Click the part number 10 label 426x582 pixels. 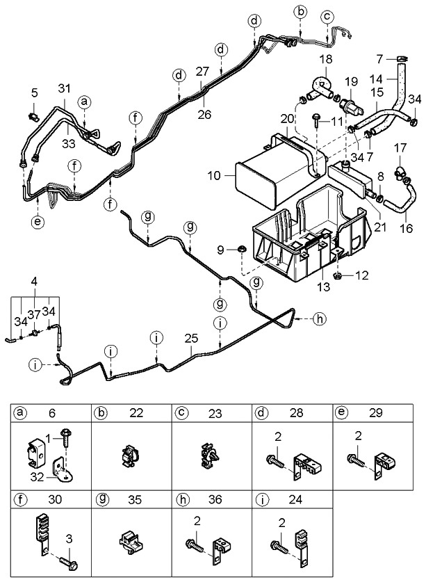click(215, 177)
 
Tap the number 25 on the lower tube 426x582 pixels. click(191, 339)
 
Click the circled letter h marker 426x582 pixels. click(318, 319)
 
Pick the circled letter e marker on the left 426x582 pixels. click(37, 222)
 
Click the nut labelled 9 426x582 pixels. click(240, 248)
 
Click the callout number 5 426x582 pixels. click(34, 92)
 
